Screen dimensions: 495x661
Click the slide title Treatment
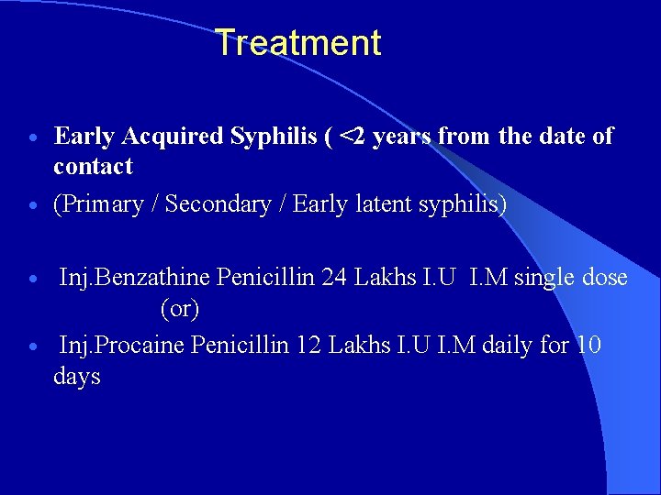[298, 43]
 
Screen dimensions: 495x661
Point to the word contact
[93, 166]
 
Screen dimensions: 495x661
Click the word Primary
[102, 204]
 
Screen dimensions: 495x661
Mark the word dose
[605, 277]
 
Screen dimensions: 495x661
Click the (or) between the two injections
[180, 310]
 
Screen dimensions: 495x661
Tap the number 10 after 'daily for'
[589, 345]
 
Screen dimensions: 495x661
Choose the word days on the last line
[77, 377]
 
